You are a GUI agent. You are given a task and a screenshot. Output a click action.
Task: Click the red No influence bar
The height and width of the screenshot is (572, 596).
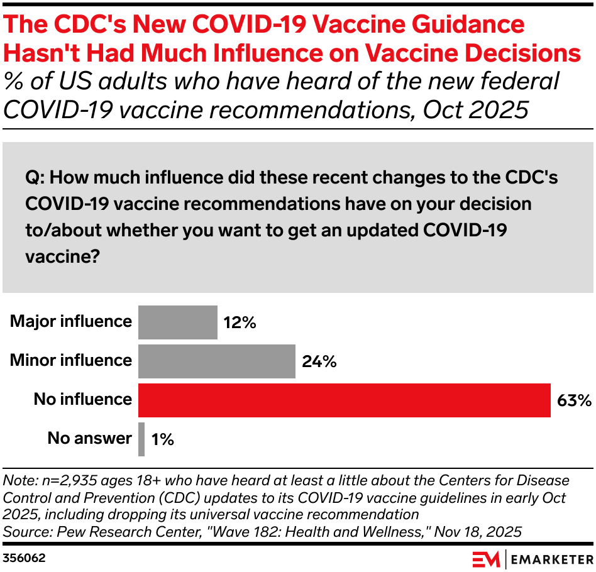[x=345, y=400]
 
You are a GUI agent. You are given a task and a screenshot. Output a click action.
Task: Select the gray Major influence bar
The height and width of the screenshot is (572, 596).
[x=178, y=322]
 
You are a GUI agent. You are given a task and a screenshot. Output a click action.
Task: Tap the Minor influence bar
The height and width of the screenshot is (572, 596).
[x=217, y=361]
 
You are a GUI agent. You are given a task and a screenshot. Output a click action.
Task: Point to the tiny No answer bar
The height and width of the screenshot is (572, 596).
[x=141, y=439]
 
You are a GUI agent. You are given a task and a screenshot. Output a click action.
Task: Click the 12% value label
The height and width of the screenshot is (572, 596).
[x=240, y=322]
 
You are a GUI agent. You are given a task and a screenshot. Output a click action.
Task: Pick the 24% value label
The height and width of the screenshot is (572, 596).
[x=319, y=361]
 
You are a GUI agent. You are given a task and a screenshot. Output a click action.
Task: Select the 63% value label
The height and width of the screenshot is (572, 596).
[x=575, y=400]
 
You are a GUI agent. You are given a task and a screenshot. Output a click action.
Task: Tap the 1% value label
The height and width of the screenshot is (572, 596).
[x=163, y=439]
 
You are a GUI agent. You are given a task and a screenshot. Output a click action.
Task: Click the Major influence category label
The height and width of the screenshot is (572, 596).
[x=71, y=322]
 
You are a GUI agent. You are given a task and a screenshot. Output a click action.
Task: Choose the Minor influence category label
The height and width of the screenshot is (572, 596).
[x=71, y=360]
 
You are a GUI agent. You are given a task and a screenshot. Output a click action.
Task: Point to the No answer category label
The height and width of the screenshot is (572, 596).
[x=90, y=438]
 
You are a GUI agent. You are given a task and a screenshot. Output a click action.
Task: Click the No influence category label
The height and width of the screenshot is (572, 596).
[x=83, y=399]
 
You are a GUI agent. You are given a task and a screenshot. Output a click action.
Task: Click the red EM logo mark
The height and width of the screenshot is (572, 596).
[x=486, y=560]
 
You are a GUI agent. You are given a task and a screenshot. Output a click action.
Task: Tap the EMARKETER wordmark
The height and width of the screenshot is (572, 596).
[x=552, y=560]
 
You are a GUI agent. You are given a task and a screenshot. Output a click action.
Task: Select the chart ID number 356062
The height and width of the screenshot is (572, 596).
[x=24, y=558]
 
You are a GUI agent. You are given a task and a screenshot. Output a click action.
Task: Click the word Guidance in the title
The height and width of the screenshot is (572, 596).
[x=468, y=24]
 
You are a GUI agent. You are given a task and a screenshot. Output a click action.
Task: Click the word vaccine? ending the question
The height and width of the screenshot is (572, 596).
[x=63, y=256]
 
